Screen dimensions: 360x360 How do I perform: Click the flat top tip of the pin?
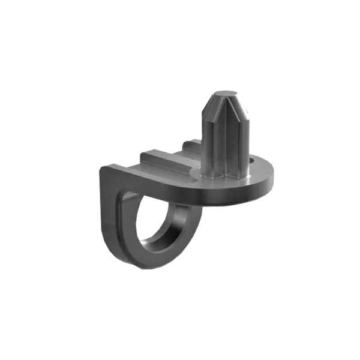[x=225, y=94]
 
